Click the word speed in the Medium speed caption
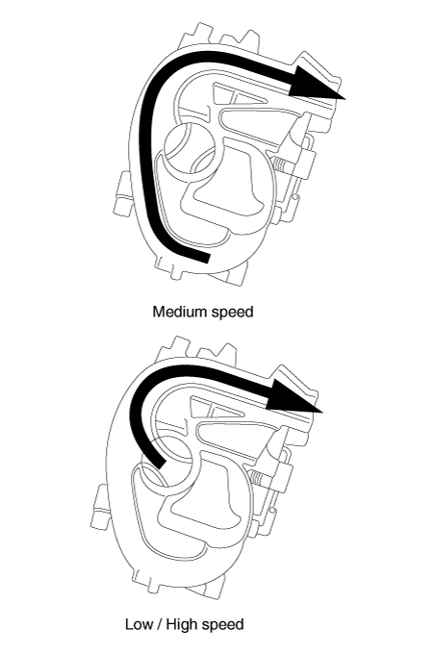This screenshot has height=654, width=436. click(234, 313)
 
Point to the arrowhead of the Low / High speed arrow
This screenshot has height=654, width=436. click(295, 395)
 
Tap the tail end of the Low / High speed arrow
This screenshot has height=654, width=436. click(159, 463)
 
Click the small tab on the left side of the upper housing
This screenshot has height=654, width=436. click(121, 193)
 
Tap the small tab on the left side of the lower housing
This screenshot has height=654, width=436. click(99, 508)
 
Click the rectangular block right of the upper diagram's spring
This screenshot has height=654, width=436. click(306, 163)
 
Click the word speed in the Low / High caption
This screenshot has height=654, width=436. click(223, 625)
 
